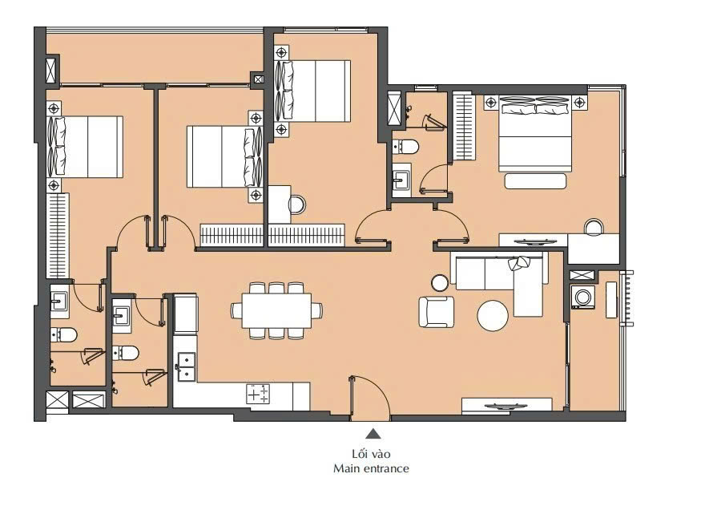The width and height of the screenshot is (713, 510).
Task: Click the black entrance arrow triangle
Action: (x=373, y=434)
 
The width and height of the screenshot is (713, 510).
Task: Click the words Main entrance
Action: (x=371, y=468)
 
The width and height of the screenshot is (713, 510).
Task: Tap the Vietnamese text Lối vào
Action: (x=371, y=454)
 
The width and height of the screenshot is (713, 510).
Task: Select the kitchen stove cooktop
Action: (x=258, y=394)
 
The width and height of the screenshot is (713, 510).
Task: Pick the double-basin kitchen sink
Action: (x=186, y=366)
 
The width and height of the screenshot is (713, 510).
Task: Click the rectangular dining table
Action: (x=276, y=310)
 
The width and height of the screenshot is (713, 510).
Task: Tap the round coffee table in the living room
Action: (x=493, y=316)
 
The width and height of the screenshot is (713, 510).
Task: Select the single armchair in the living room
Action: (x=437, y=312)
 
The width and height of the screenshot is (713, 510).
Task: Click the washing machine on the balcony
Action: (x=583, y=297)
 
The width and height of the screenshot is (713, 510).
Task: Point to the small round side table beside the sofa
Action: (x=440, y=282)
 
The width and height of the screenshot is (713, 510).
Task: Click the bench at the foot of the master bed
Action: (x=535, y=181)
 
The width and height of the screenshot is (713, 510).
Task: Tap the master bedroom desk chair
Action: (x=594, y=227)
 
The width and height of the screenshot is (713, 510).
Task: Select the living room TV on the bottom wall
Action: (x=506, y=407)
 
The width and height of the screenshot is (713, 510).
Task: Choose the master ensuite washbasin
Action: (x=401, y=180)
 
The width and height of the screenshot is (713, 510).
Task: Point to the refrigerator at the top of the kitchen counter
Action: (x=186, y=314)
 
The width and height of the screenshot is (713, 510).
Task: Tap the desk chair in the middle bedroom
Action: (x=297, y=204)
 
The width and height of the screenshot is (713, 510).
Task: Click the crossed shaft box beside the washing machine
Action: (x=582, y=275)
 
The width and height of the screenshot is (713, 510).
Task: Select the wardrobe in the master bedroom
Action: (x=464, y=126)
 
